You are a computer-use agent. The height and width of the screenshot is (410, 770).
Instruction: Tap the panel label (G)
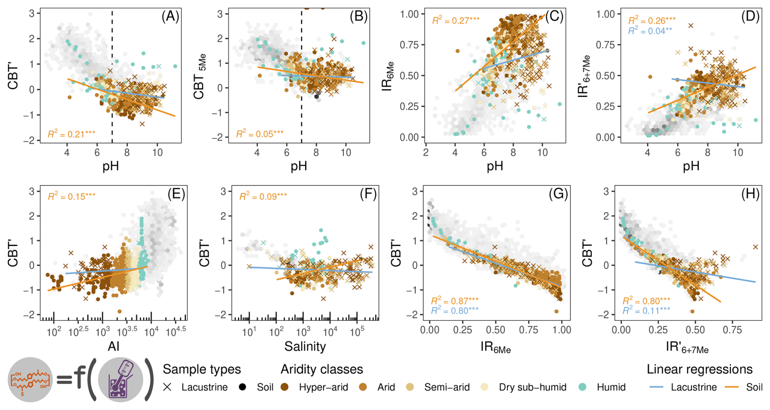tap(558, 194)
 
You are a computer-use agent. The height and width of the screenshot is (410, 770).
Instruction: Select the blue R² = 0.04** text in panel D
tap(650, 31)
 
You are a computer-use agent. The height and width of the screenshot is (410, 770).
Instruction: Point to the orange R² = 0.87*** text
tap(455, 301)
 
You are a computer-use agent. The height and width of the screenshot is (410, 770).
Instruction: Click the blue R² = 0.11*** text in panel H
tap(646, 311)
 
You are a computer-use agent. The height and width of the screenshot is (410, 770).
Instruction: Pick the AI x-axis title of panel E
tap(114, 346)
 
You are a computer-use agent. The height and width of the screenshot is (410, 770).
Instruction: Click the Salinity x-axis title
tap(305, 346)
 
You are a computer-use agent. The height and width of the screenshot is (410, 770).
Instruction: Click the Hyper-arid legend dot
tap(284, 387)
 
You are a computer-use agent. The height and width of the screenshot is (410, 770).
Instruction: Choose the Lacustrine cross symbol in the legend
tap(167, 387)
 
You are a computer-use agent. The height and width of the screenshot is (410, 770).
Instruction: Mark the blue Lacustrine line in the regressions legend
tap(656, 387)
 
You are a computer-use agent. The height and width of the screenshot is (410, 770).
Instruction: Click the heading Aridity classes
tap(322, 369)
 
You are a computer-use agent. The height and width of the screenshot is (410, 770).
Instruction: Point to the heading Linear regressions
tap(699, 369)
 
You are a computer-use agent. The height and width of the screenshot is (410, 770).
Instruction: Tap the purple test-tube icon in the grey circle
tap(120, 379)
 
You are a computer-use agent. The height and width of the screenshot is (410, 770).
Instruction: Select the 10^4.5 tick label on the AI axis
tap(176, 332)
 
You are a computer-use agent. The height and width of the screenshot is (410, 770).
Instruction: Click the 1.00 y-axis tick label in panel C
tap(409, 14)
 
